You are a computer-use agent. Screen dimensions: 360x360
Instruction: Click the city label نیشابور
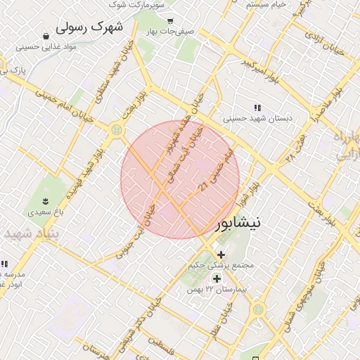236,224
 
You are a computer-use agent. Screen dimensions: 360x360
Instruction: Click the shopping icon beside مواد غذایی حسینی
46,36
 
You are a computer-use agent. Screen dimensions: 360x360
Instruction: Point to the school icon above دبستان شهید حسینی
257,108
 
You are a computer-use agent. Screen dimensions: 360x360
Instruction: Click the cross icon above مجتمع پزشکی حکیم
221,255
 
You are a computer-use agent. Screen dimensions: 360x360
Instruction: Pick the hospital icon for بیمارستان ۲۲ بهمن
217,279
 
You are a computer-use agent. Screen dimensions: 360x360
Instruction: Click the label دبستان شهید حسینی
257,119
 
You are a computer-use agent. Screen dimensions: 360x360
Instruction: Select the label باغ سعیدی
46,211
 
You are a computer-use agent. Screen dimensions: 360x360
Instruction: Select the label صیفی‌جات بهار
169,32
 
